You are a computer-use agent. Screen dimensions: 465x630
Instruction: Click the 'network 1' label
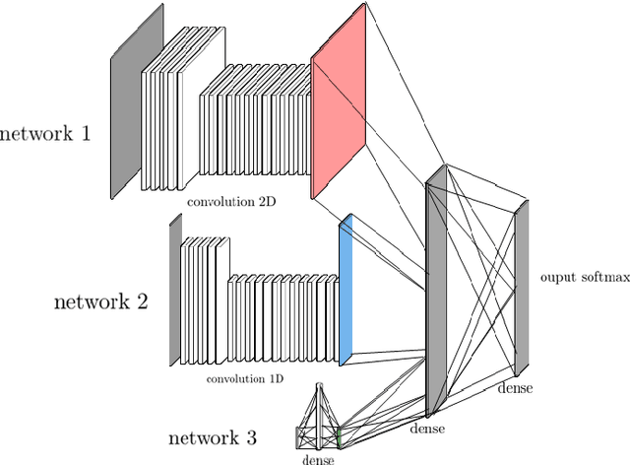click(x=45, y=134)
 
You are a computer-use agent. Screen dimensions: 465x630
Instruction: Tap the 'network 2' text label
click(x=99, y=301)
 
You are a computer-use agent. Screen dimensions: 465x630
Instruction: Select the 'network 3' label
click(x=213, y=437)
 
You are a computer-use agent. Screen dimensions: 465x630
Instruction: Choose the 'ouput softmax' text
click(x=585, y=278)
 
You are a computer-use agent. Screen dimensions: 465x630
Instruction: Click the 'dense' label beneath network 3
click(x=316, y=458)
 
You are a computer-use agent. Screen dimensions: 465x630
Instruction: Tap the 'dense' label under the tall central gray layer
click(x=426, y=429)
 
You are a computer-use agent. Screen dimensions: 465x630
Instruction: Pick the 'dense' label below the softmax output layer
click(x=515, y=388)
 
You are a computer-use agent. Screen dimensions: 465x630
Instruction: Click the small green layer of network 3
click(x=338, y=435)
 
